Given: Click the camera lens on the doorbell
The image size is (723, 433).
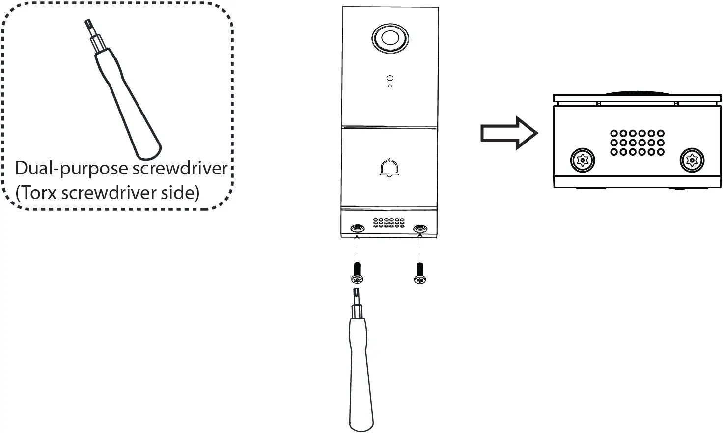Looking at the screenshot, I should [390, 38].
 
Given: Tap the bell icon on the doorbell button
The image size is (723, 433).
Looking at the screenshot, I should [389, 168].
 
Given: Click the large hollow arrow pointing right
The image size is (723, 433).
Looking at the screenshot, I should [509, 133].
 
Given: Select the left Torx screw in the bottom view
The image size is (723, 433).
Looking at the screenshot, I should [583, 160].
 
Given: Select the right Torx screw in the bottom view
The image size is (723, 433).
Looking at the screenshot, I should [692, 160].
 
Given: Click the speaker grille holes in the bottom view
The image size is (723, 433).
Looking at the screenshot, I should [638, 143].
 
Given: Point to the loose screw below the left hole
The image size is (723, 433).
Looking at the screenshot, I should [357, 273].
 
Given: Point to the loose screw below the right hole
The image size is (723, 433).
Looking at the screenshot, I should [419, 273].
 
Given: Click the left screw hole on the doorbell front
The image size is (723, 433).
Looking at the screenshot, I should [357, 229].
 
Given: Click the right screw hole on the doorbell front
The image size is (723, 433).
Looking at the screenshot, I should [420, 229].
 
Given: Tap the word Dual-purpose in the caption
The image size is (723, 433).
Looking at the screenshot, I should [65, 169].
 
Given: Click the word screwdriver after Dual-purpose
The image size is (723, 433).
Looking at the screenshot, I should [174, 169].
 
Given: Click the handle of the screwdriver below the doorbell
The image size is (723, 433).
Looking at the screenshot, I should [361, 374].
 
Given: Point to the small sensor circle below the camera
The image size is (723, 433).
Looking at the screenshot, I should [390, 78].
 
